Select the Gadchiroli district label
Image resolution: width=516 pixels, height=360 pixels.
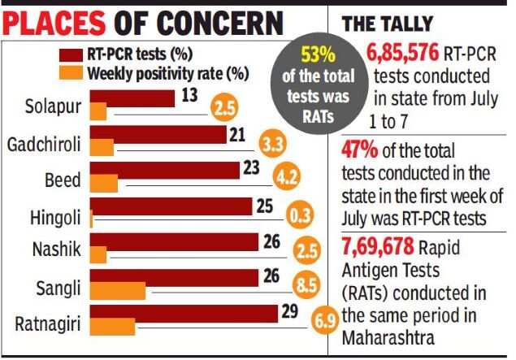(x=45, y=145)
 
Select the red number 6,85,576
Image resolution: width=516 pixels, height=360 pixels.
(x=402, y=57)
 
